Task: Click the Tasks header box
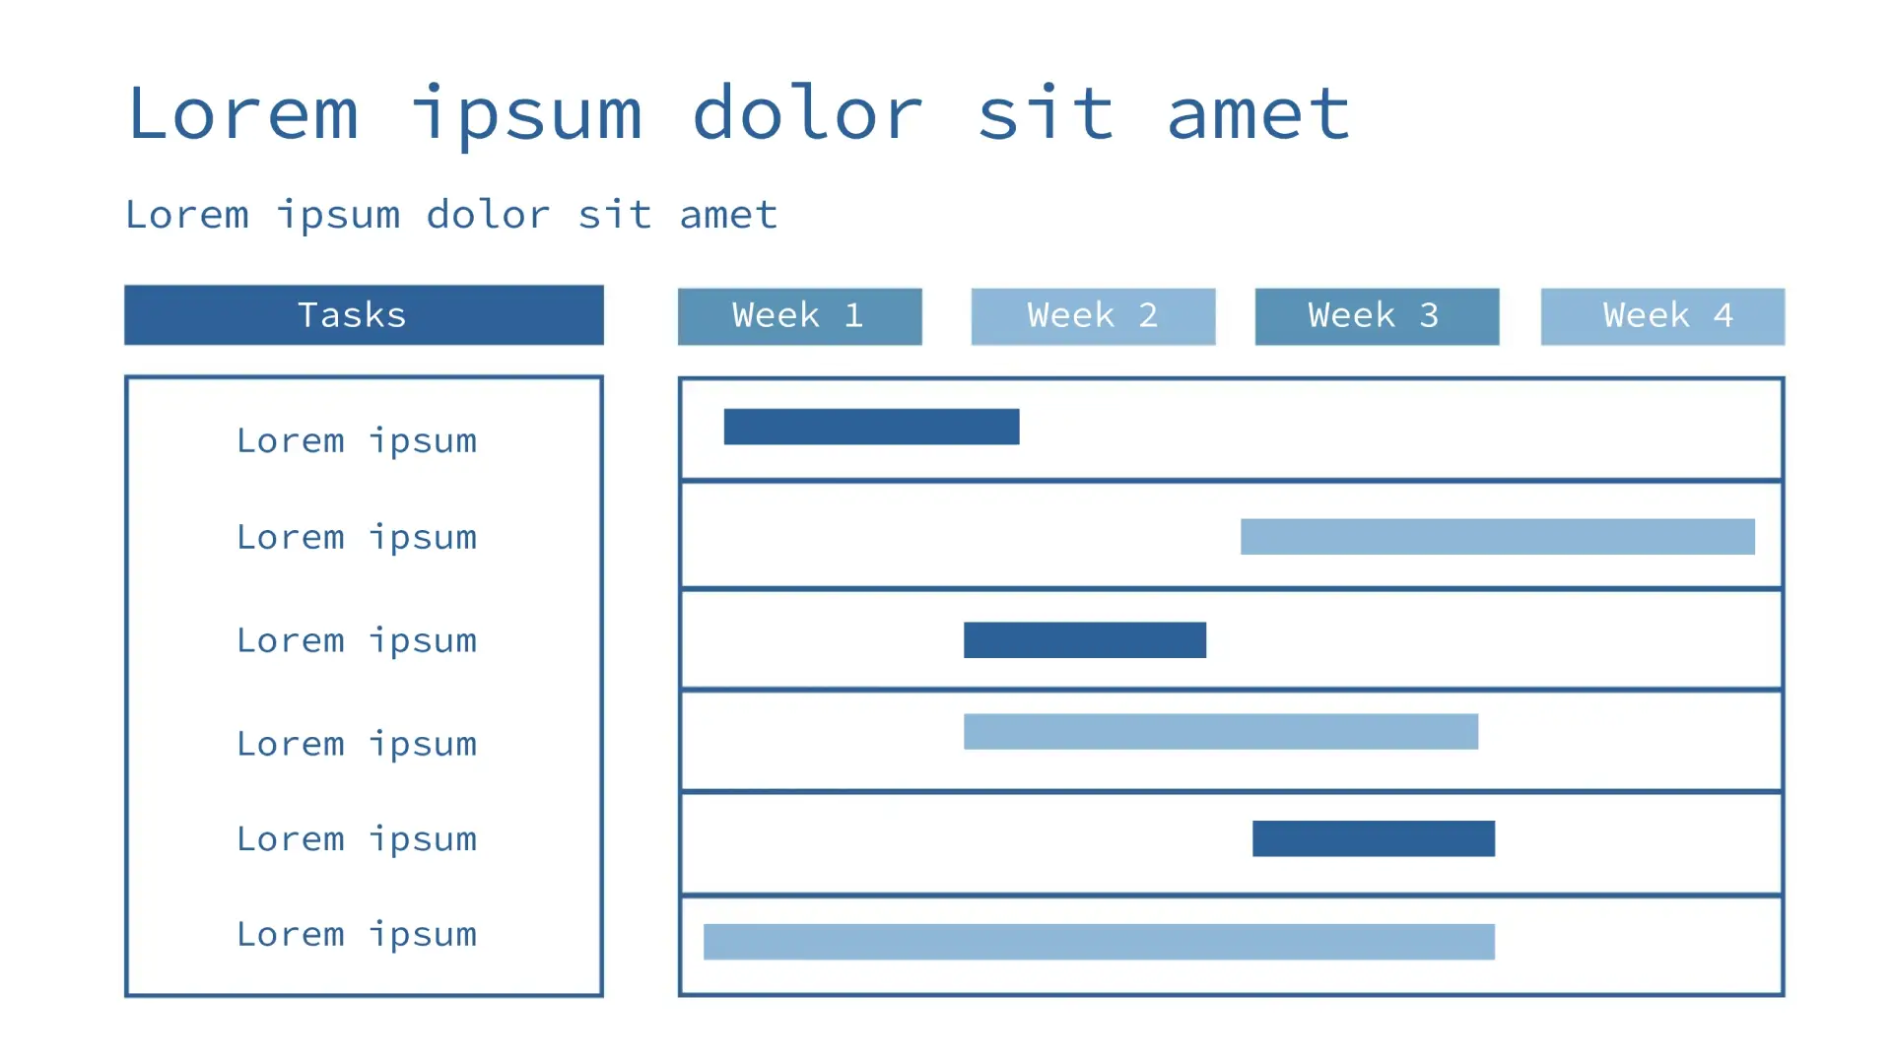pos(364,315)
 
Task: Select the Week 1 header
pos(799,316)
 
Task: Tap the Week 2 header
pos(1093,316)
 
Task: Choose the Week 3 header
pos(1377,316)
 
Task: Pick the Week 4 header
pos(1662,316)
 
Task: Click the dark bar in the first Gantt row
pos(871,427)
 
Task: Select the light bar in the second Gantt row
pos(1497,537)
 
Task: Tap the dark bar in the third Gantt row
pos(1084,640)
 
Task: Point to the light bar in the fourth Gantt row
pos(1220,732)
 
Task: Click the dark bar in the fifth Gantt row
pos(1373,838)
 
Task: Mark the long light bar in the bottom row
pos(1099,942)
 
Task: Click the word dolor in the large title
pos(807,113)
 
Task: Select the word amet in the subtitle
pos(728,216)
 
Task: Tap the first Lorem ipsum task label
pos(357,441)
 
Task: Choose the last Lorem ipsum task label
pos(357,935)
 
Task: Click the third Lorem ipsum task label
pos(357,641)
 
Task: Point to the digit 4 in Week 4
pos(1723,315)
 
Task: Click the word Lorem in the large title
pos(242,113)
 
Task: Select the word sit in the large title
pos(1046,113)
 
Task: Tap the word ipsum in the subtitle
pos(338,216)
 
